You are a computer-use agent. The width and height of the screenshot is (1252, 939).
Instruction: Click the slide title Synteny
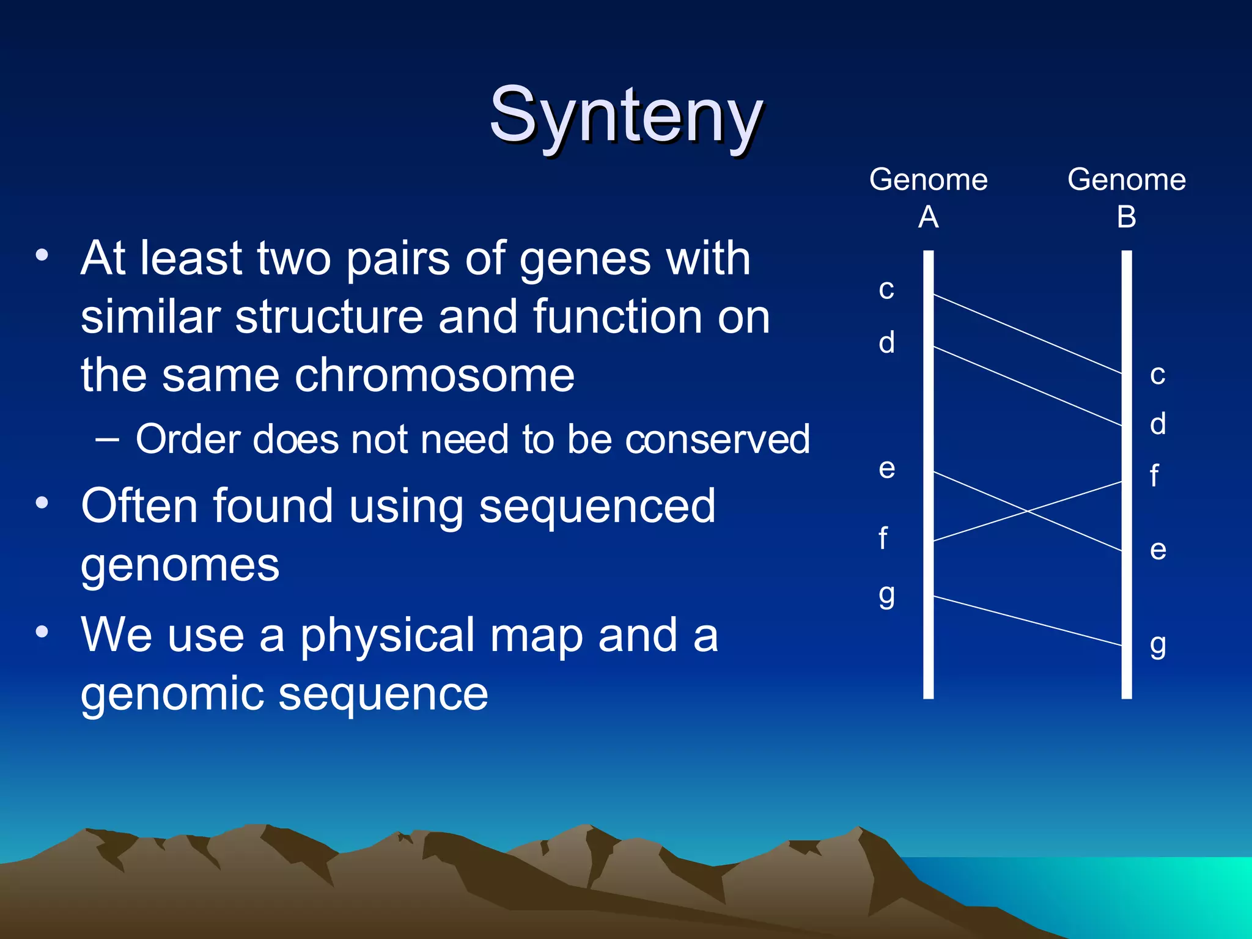(x=626, y=116)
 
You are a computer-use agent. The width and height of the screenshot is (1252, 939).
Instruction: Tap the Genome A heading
(x=928, y=197)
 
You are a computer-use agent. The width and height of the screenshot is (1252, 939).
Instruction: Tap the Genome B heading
(x=1126, y=197)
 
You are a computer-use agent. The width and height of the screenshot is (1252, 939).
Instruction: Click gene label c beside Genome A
(x=886, y=289)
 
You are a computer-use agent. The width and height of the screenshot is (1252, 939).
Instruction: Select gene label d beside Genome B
(x=1158, y=424)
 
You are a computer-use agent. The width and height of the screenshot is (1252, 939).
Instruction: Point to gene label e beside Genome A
(x=887, y=469)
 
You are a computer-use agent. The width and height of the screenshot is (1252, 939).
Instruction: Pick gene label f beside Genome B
(x=1154, y=476)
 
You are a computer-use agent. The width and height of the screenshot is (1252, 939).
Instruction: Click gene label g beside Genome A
(x=887, y=594)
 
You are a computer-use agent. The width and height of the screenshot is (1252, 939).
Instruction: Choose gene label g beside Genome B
(x=1158, y=645)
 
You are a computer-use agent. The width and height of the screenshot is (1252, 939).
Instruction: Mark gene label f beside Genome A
(x=883, y=539)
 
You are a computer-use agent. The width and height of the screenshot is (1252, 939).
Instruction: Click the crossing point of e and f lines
(x=1029, y=512)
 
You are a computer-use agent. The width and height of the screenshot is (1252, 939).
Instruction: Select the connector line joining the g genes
(x=1027, y=620)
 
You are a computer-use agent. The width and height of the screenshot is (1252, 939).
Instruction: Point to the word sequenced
(x=597, y=506)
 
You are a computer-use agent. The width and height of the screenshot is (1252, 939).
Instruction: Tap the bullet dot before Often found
(x=42, y=503)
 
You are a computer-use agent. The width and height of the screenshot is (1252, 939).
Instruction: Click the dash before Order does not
(x=108, y=439)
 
